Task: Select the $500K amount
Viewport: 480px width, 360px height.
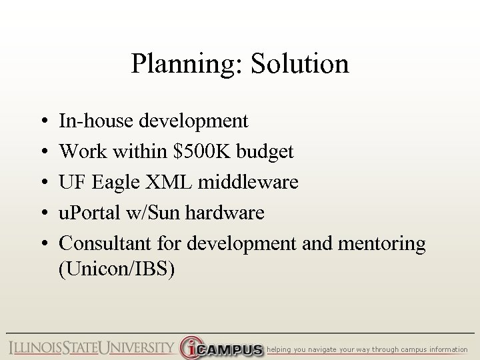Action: [199, 151]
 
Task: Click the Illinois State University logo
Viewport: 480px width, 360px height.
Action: [91, 349]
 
